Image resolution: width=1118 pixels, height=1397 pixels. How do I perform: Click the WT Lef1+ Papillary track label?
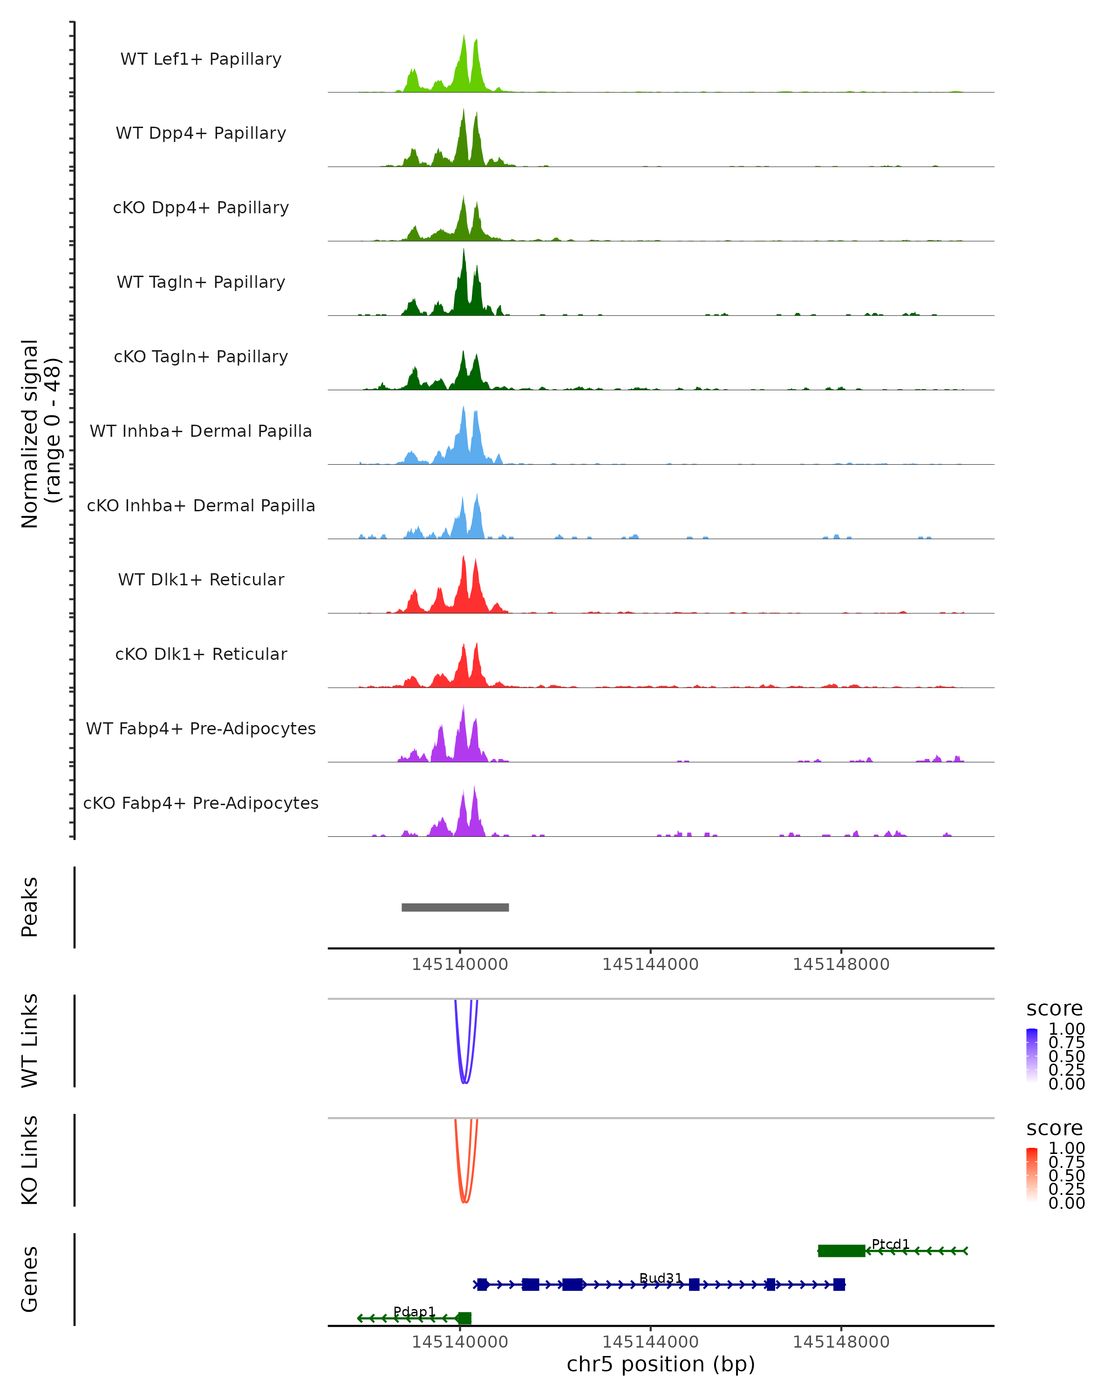(201, 60)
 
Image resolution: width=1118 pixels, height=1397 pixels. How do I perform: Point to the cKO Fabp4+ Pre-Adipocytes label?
(201, 803)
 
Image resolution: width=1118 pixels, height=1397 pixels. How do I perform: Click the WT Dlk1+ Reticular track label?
(201, 580)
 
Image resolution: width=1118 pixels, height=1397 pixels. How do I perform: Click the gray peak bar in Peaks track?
(455, 907)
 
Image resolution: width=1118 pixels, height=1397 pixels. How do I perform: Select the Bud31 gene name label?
(661, 1278)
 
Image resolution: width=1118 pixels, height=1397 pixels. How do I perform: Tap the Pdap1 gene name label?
(414, 1311)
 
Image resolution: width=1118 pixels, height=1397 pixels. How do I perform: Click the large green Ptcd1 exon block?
(841, 1251)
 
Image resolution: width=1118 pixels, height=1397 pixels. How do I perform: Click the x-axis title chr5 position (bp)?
(661, 1364)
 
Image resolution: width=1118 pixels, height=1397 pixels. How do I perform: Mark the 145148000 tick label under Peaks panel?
(841, 964)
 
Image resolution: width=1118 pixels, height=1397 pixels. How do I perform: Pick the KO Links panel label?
(30, 1160)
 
